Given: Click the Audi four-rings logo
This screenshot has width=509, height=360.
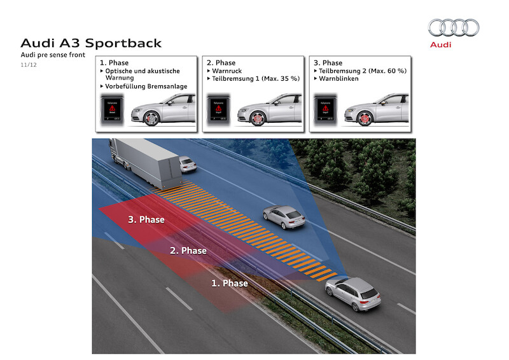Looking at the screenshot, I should pyautogui.click(x=453, y=27).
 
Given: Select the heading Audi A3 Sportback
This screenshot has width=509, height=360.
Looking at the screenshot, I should pyautogui.click(x=91, y=43).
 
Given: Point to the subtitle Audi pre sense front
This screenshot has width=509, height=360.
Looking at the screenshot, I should pyautogui.click(x=52, y=56).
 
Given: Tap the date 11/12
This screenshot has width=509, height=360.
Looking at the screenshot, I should pyautogui.click(x=29, y=65).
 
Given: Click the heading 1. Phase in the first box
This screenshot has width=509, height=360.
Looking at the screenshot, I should pyautogui.click(x=115, y=63).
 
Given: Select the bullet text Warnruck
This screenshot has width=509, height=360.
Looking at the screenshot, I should pyautogui.click(x=222, y=71).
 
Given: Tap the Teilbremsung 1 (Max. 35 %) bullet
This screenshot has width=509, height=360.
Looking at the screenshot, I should pyautogui.click(x=253, y=79).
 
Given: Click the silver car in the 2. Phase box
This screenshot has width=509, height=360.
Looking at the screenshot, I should pyautogui.click(x=270, y=109).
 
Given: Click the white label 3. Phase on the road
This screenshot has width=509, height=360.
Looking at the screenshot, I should pyautogui.click(x=146, y=219).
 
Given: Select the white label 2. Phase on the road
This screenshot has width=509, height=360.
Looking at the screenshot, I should pyautogui.click(x=188, y=251).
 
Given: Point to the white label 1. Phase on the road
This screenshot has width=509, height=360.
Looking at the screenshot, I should pyautogui.click(x=229, y=283).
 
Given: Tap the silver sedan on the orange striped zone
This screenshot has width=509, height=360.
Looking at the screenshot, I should pyautogui.click(x=284, y=217).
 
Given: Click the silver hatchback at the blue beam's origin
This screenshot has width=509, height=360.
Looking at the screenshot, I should pyautogui.click(x=352, y=293).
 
